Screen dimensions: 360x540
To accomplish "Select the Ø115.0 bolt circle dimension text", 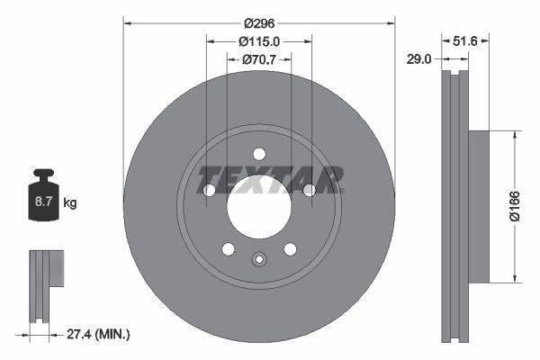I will click(259, 40).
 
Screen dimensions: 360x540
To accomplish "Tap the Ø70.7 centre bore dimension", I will click(259, 59).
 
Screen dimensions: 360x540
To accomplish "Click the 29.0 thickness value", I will click(419, 58).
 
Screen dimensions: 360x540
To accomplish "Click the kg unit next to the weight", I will click(69, 203).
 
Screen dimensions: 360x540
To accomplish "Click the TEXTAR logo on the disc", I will click(271, 179).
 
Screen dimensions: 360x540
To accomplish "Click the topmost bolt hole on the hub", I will click(259, 153).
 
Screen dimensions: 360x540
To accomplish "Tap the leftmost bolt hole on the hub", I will click(209, 190).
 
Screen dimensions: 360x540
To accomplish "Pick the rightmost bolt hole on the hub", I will click(309, 190).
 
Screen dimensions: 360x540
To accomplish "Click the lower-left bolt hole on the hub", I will click(228, 248).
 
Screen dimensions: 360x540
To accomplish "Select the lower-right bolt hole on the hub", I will click(290, 248).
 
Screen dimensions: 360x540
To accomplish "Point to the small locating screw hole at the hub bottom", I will click(259, 261).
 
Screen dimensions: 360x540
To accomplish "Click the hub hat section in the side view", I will click(478, 206).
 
